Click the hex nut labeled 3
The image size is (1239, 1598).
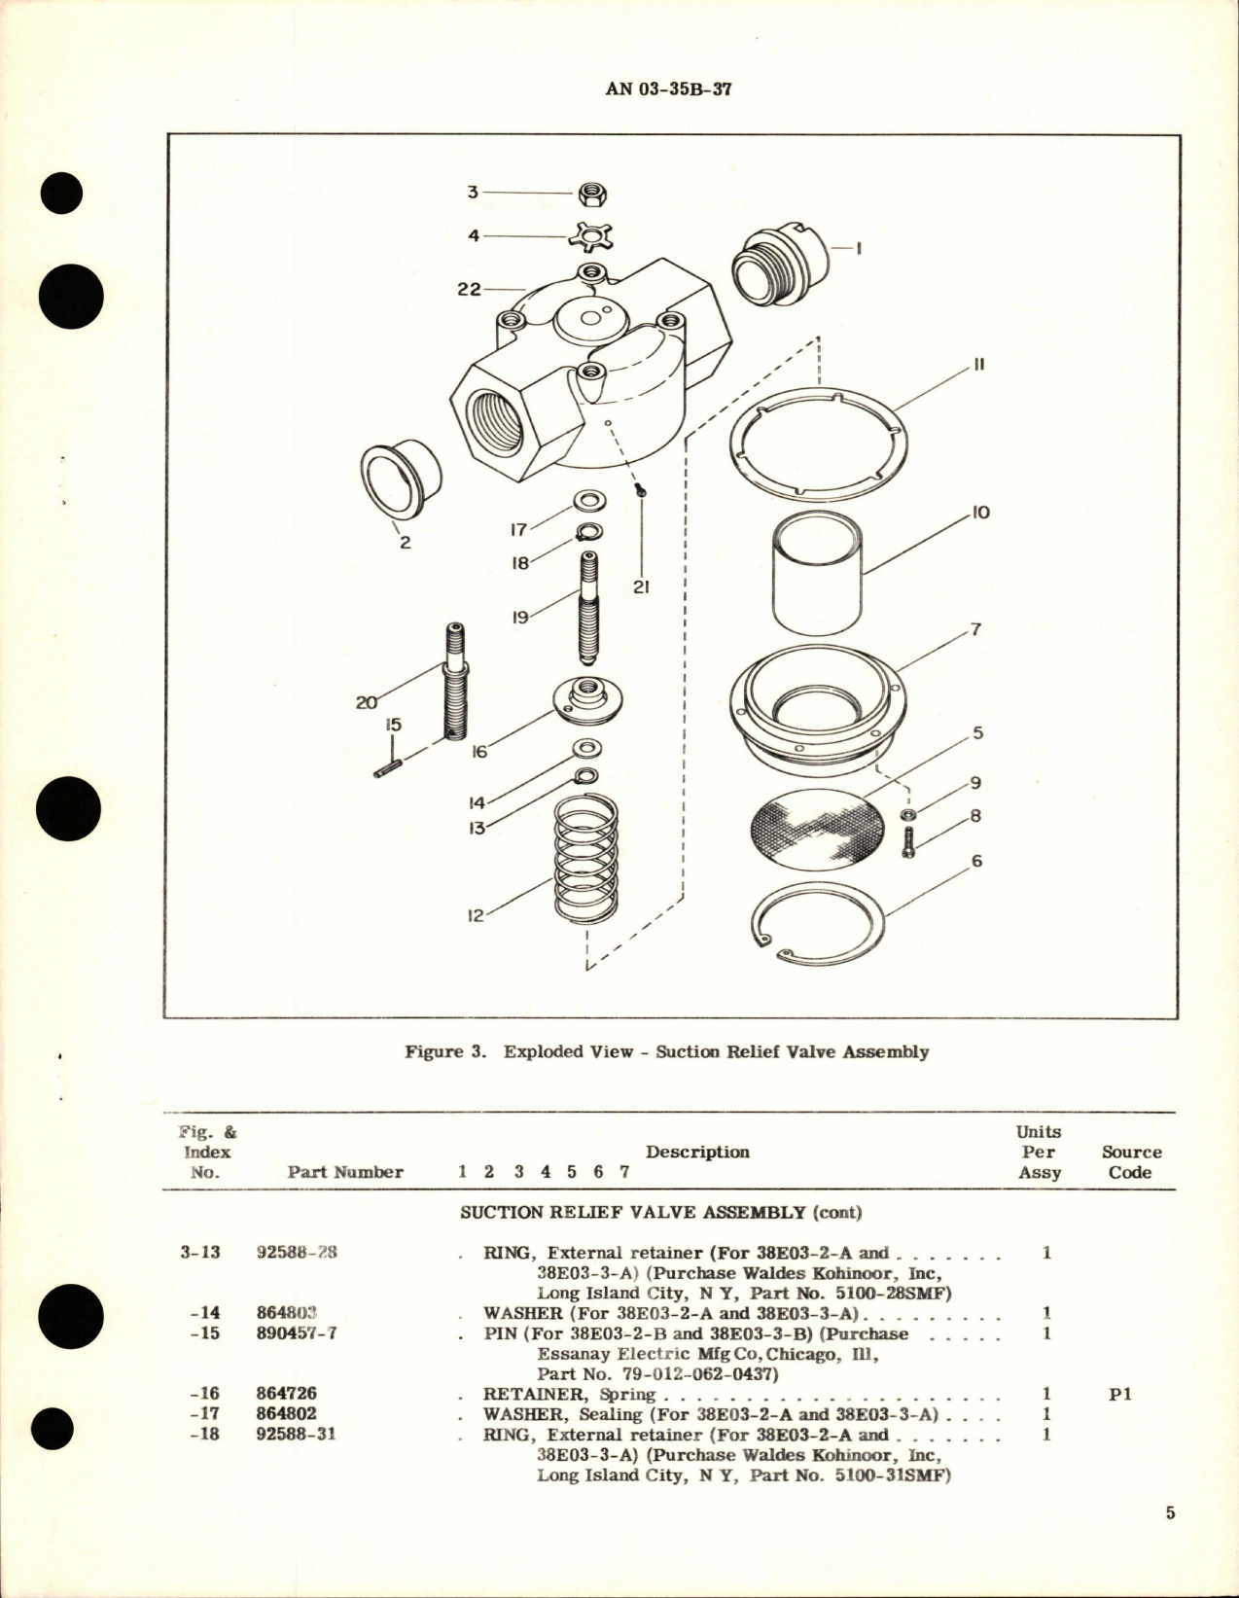click(x=592, y=194)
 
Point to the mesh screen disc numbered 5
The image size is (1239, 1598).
click(x=818, y=825)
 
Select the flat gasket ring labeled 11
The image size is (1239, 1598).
click(x=818, y=444)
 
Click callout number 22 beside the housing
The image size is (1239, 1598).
click(x=469, y=289)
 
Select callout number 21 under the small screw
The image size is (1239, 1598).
click(x=641, y=586)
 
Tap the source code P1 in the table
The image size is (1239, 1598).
click(x=1119, y=1394)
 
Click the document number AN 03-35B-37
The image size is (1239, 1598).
click(x=669, y=89)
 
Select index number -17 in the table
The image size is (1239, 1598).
click(x=205, y=1414)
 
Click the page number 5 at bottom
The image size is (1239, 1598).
click(x=1170, y=1513)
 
